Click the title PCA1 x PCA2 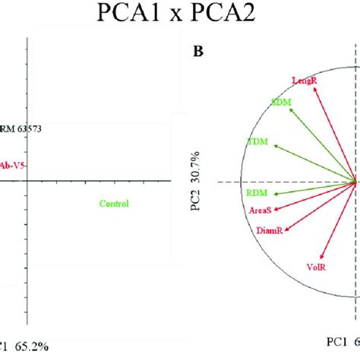pos(180,15)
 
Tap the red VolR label pos(317,267)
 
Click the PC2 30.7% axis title pos(196,180)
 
